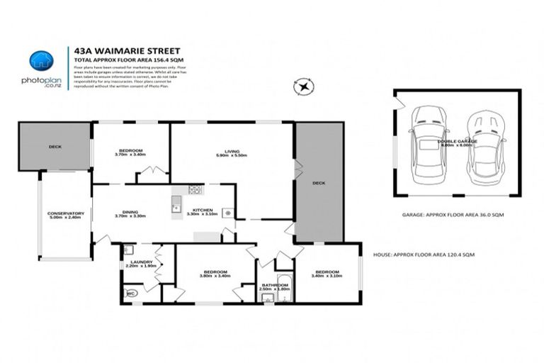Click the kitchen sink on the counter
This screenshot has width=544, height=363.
point(174,207)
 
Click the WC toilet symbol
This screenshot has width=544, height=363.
point(130,293)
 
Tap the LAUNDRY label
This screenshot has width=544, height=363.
point(136,263)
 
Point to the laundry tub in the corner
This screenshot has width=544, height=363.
point(127,249)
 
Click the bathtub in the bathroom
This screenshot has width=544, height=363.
point(281,285)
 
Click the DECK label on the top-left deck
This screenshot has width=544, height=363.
point(55,147)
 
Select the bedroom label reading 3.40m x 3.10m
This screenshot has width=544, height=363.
point(327,274)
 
